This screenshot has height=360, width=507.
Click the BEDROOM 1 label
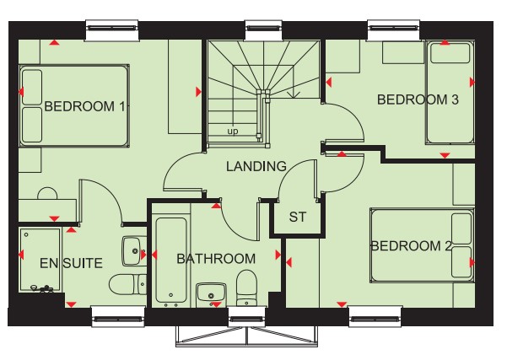click(84, 106)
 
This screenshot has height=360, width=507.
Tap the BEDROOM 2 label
click(412, 246)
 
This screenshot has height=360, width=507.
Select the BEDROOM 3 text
click(418, 99)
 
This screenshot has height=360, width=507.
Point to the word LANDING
click(256, 166)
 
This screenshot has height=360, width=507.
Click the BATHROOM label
click(216, 259)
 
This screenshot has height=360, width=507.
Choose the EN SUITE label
click(71, 263)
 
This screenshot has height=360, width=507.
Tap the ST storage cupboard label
click(298, 218)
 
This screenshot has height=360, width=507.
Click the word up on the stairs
click(233, 132)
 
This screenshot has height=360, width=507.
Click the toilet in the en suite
click(127, 285)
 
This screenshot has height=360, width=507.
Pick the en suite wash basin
click(134, 251)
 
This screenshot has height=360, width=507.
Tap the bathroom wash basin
click(211, 295)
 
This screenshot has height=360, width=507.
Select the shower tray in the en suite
click(40, 261)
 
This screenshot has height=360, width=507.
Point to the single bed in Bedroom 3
click(450, 93)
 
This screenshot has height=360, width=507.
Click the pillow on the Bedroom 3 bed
click(450, 53)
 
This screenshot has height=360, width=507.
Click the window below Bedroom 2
click(375, 317)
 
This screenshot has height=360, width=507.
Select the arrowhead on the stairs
click(294, 94)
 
